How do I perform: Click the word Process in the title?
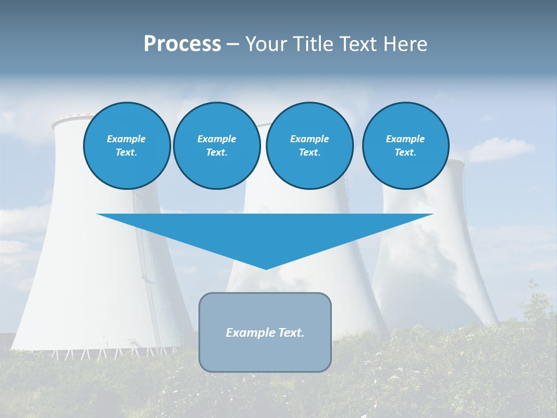tap(182, 44)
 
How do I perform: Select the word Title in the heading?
tap(313, 44)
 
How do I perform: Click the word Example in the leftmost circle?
tap(126, 139)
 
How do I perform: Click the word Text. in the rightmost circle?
tap(405, 153)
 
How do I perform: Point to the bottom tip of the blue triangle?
tap(266, 268)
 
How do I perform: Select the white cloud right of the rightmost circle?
tap(500, 150)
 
